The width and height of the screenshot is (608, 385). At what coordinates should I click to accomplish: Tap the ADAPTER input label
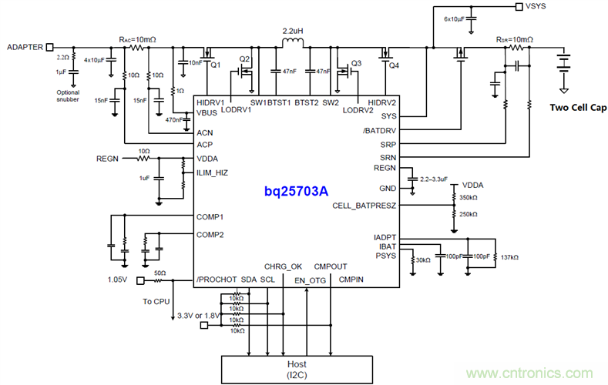24,46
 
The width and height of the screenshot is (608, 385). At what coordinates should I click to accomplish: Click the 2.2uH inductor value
293,32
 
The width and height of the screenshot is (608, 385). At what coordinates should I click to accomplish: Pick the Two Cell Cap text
576,108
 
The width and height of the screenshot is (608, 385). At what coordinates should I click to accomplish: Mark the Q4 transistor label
394,65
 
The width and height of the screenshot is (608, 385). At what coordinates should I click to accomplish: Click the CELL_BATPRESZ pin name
364,206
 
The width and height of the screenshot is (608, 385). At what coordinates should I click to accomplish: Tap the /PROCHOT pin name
215,279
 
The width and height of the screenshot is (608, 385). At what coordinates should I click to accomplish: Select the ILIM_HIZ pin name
212,172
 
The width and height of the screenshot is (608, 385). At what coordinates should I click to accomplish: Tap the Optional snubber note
68,95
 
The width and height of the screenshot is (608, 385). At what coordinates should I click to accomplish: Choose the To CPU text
156,302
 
